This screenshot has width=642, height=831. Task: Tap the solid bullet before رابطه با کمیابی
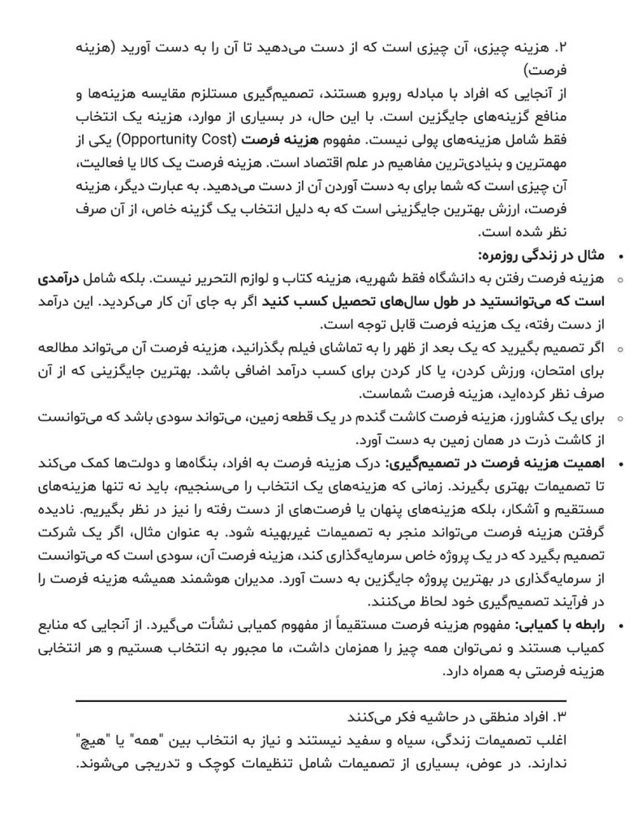point(621,625)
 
